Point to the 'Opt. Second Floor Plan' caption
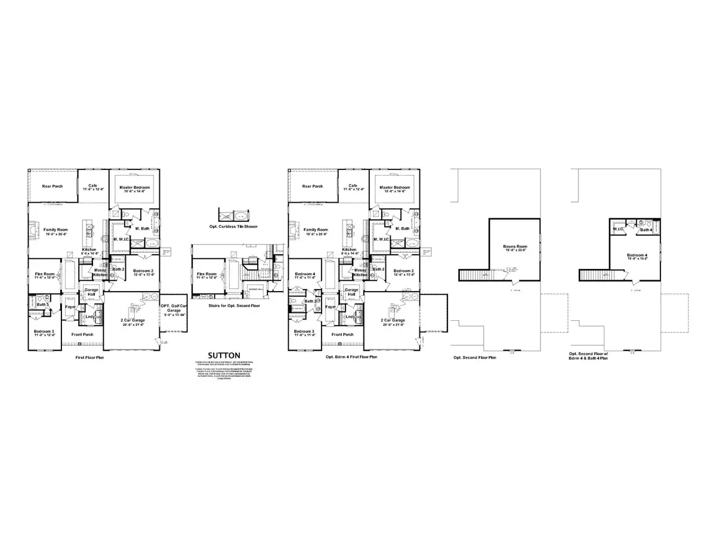pos(474,357)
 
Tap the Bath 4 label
pos(646,229)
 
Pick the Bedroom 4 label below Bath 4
pos(637,255)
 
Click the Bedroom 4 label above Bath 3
pos(305,274)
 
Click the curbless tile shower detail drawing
pos(235,216)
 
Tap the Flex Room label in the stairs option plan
pos(208,275)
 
